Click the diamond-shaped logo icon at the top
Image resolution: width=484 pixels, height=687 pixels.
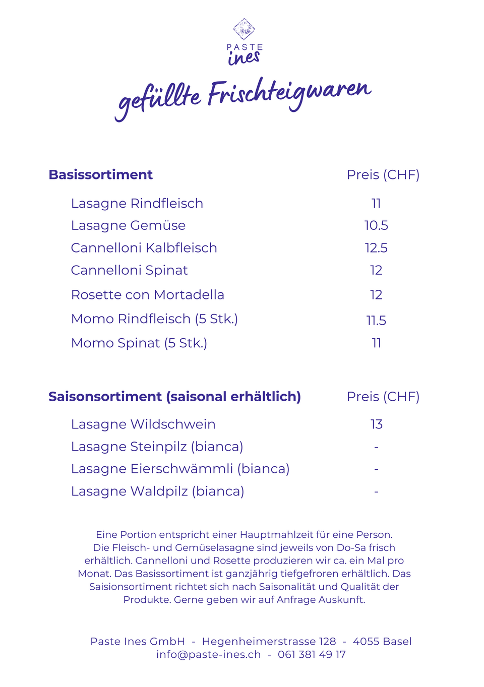pos(244,29)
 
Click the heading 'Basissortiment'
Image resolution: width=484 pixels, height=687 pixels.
pos(100,174)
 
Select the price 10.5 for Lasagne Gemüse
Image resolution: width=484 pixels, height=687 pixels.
pos(376,225)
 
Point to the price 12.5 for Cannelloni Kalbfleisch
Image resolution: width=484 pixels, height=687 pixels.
pos(376,248)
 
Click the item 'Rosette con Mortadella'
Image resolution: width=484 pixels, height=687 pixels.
pos(147,294)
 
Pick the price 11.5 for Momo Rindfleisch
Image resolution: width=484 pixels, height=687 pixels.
pos(376,320)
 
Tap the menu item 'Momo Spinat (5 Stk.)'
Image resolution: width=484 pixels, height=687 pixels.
pos(139,343)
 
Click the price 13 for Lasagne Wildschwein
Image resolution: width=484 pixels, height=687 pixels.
pos(376,424)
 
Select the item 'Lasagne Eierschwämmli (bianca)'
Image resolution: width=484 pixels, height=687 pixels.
pos(180,469)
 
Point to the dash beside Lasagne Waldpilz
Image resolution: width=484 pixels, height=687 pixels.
pos(376,491)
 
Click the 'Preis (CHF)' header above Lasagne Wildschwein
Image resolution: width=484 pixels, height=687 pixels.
pos(383,397)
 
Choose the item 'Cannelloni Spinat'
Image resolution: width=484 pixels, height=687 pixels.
pos(129,270)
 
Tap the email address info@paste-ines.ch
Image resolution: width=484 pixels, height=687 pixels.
pos(208,654)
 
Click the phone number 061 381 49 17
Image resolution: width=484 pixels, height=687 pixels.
pos(312,654)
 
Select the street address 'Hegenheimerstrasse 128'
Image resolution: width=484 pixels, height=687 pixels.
pos(269,641)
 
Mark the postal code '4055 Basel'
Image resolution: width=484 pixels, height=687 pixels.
pos(382,641)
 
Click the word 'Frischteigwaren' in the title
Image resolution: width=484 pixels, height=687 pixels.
pos(289,93)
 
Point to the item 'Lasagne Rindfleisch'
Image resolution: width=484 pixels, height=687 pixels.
pos(137,203)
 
